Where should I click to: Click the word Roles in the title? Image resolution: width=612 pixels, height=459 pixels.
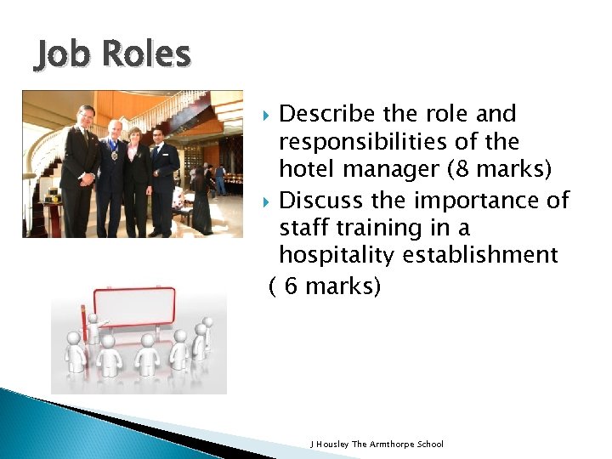click(x=144, y=54)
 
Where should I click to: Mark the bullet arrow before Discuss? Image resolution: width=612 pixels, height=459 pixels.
click(x=268, y=201)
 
